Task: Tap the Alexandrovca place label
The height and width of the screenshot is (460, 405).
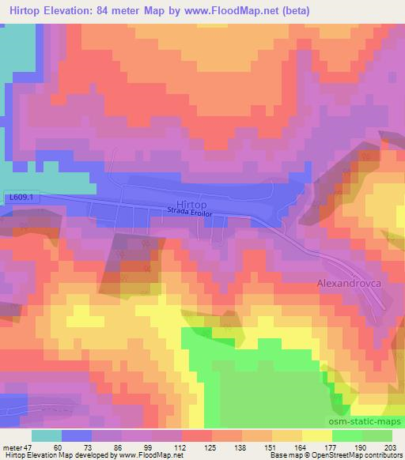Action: coord(350,281)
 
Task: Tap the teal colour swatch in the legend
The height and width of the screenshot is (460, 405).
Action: coord(46,435)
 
